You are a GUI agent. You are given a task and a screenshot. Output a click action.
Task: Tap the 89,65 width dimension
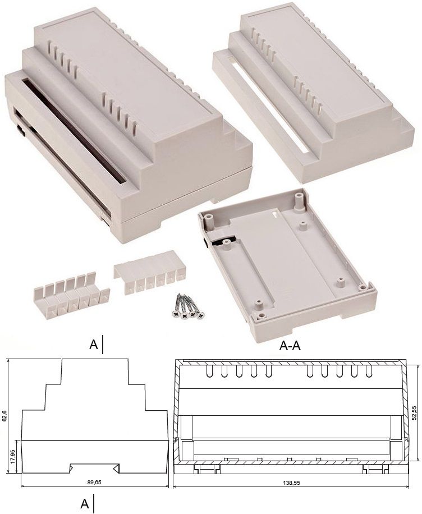(94, 482)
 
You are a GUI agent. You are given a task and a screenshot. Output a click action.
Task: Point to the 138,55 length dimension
(291, 483)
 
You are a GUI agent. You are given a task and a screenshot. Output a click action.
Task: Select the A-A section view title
(290, 346)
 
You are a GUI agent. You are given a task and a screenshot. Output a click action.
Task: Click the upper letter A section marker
(94, 345)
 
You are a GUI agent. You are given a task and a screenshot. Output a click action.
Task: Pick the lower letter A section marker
(85, 504)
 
